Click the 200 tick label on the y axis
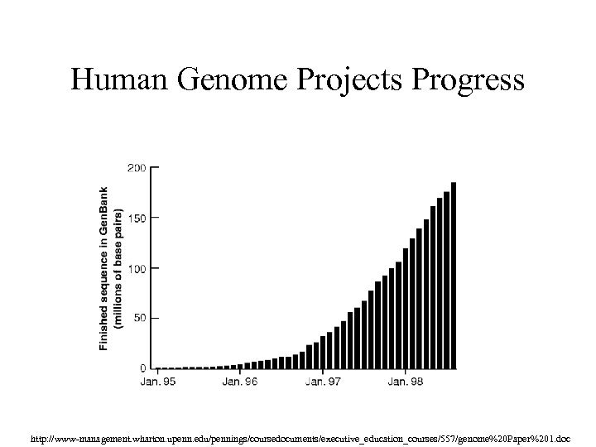(137, 167)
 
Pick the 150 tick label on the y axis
(137, 218)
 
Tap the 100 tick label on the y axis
(137, 268)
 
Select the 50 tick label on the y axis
(139, 318)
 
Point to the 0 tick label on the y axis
(142, 368)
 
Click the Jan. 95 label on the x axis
(157, 382)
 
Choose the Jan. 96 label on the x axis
(240, 382)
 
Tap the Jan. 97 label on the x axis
(323, 382)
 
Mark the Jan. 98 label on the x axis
(406, 382)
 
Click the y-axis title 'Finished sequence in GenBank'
(104, 267)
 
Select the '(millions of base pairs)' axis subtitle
(118, 267)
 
